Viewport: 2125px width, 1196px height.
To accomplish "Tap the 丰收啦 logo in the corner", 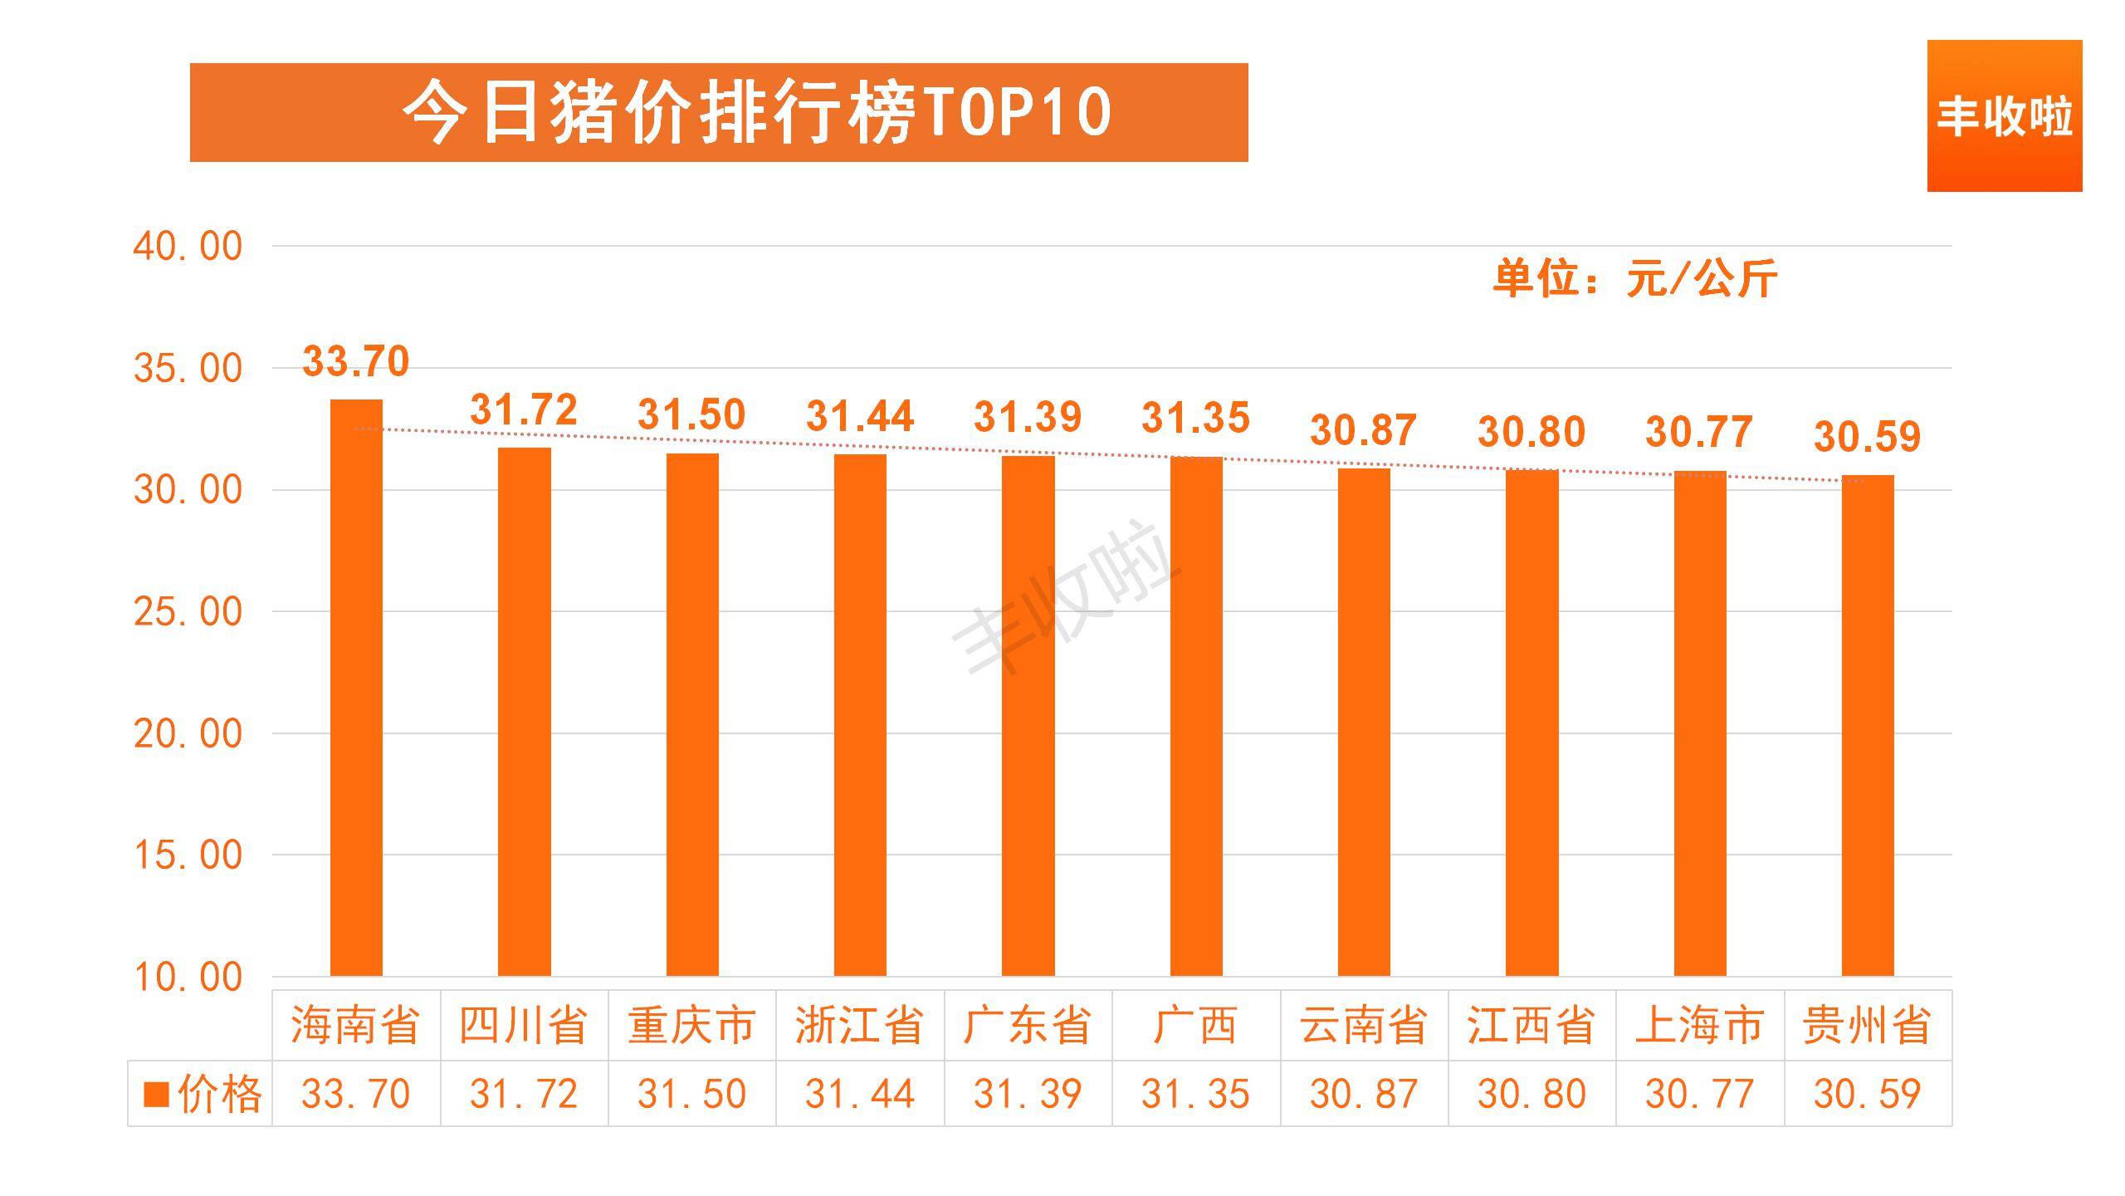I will [x=2004, y=116].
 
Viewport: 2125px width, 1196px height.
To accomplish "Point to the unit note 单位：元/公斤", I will [x=1634, y=277].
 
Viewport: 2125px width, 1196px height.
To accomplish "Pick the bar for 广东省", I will [x=1028, y=715].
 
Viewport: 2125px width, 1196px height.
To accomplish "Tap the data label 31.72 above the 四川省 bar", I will [x=523, y=409].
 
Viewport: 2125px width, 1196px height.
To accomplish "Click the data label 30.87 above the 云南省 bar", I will [x=1363, y=430].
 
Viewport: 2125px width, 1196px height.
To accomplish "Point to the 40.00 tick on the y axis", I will [x=188, y=247].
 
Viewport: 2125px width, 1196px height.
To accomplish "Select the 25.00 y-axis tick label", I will [x=188, y=612].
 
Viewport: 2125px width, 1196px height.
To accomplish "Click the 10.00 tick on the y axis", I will [x=188, y=978].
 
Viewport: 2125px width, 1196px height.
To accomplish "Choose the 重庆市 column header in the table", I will [x=691, y=1025].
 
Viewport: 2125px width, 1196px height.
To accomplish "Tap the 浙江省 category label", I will [x=859, y=1025].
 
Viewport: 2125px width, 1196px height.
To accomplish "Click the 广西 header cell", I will [x=1195, y=1025].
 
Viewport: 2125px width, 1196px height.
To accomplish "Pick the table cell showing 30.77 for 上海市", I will [x=1699, y=1094].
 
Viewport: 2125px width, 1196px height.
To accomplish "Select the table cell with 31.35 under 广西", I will [x=1195, y=1094].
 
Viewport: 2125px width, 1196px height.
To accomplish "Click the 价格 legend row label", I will [x=203, y=1094].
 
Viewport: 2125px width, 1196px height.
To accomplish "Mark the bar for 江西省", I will [x=1531, y=723].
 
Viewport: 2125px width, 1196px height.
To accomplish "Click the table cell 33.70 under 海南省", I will [x=356, y=1094].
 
